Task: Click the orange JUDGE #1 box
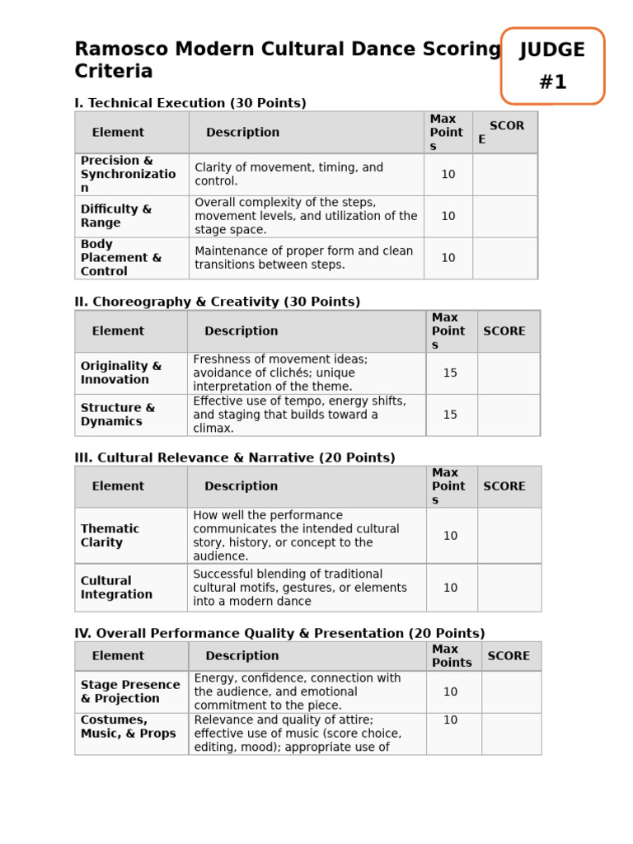(552, 66)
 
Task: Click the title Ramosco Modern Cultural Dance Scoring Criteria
(287, 60)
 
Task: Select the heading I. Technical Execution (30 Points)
(190, 103)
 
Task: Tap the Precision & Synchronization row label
(128, 174)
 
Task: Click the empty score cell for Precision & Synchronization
(504, 175)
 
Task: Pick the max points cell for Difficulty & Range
(448, 216)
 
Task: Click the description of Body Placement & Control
(304, 258)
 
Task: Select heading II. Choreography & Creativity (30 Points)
(218, 302)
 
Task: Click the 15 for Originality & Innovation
(450, 373)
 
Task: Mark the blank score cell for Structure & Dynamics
(509, 415)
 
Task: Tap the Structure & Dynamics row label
(118, 415)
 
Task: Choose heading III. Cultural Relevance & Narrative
(235, 457)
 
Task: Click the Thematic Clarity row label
(110, 536)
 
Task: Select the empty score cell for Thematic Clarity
(509, 536)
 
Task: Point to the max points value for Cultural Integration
(450, 588)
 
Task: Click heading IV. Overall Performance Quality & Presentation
(279, 633)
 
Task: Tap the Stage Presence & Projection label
(130, 692)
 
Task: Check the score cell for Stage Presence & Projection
(511, 692)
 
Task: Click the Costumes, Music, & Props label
(129, 727)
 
